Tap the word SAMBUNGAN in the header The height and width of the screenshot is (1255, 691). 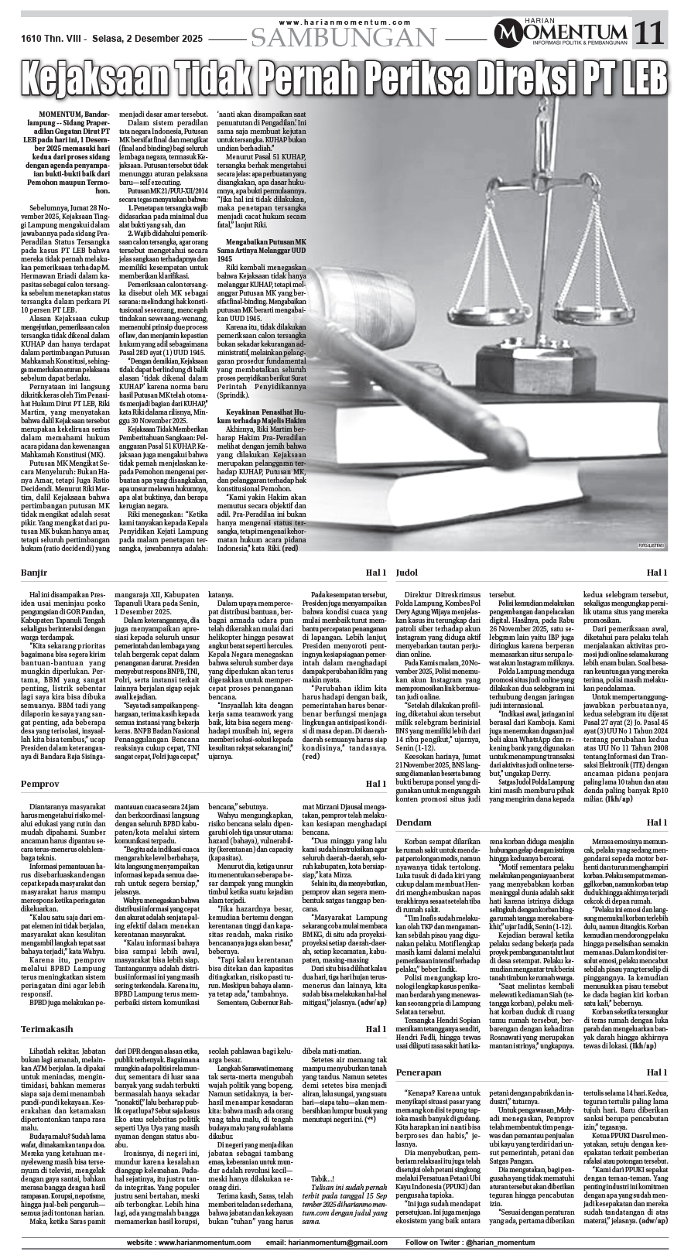point(344,37)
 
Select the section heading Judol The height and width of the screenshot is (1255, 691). point(407,573)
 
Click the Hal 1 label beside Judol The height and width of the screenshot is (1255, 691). point(657,573)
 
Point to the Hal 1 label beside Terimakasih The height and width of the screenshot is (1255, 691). point(376,1028)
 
